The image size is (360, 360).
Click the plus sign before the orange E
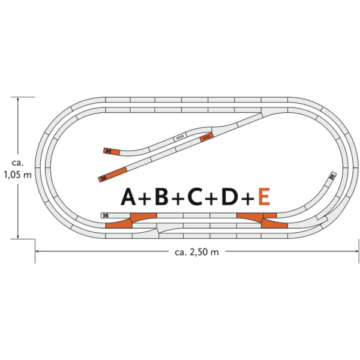[247, 197]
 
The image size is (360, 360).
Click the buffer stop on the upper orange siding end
[108, 151]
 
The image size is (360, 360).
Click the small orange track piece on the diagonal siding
[206, 137]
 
